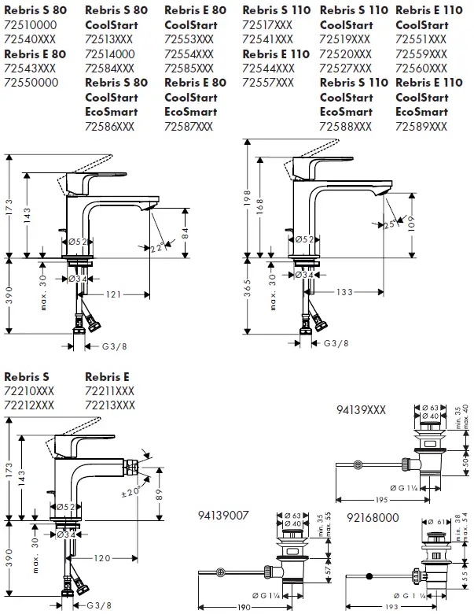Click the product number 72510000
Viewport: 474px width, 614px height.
(30, 24)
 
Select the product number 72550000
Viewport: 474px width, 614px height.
(30, 82)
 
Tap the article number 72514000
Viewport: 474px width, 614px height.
(110, 53)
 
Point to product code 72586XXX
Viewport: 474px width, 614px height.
(110, 126)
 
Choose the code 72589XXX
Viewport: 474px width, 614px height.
(421, 126)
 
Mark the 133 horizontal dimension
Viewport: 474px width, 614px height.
(345, 292)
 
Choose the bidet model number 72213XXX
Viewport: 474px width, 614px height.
(109, 405)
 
